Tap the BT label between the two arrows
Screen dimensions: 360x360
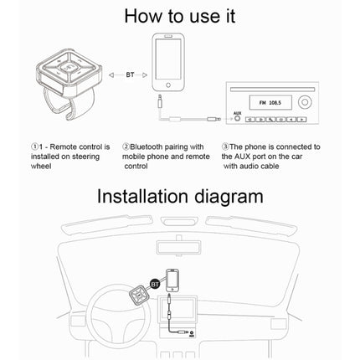point(130,75)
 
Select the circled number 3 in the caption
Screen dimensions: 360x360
point(226,147)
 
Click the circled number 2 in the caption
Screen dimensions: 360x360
point(126,147)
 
